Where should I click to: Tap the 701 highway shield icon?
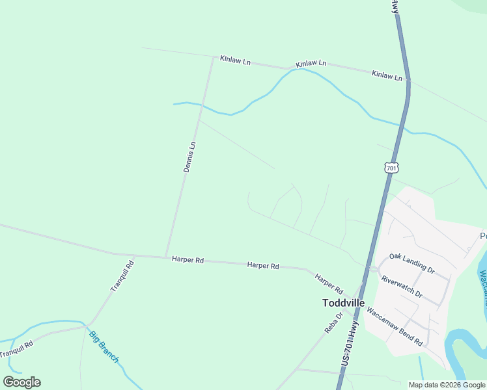click(x=391, y=168)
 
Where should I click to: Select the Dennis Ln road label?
click(x=189, y=157)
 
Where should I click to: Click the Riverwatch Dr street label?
click(x=402, y=287)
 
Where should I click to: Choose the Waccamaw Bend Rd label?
click(x=395, y=326)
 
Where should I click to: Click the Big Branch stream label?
click(x=104, y=347)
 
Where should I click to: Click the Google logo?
click(x=22, y=382)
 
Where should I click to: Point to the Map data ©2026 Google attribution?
click(x=447, y=385)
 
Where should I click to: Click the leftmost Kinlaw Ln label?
click(x=235, y=60)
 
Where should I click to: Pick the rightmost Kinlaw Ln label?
click(x=387, y=75)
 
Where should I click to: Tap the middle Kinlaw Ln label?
click(x=311, y=64)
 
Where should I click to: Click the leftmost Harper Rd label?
click(x=188, y=260)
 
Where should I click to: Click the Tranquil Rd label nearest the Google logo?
click(x=18, y=348)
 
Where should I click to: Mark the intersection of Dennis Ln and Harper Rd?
click(x=166, y=256)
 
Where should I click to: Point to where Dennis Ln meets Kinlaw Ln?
click(x=213, y=57)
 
